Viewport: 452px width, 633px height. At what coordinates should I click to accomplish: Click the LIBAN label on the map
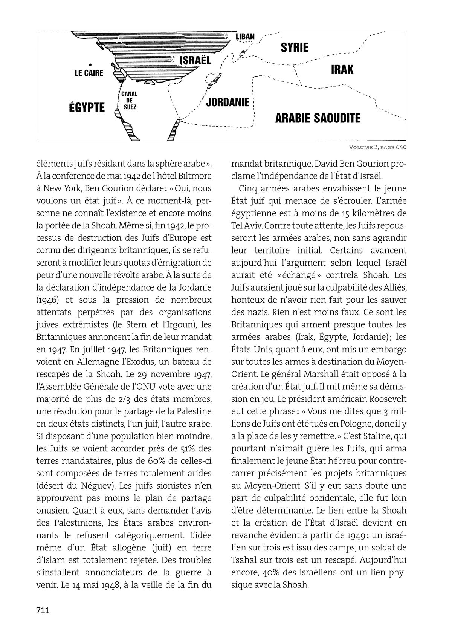click(x=245, y=37)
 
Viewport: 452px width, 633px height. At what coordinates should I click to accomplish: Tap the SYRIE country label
click(x=295, y=47)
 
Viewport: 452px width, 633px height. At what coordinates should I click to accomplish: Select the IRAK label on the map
click(x=342, y=70)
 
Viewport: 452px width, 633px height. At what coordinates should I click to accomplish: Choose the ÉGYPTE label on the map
click(x=87, y=107)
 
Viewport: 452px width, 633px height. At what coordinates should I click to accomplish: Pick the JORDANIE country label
click(x=228, y=102)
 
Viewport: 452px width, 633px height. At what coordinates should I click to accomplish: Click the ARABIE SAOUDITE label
click(x=318, y=118)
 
